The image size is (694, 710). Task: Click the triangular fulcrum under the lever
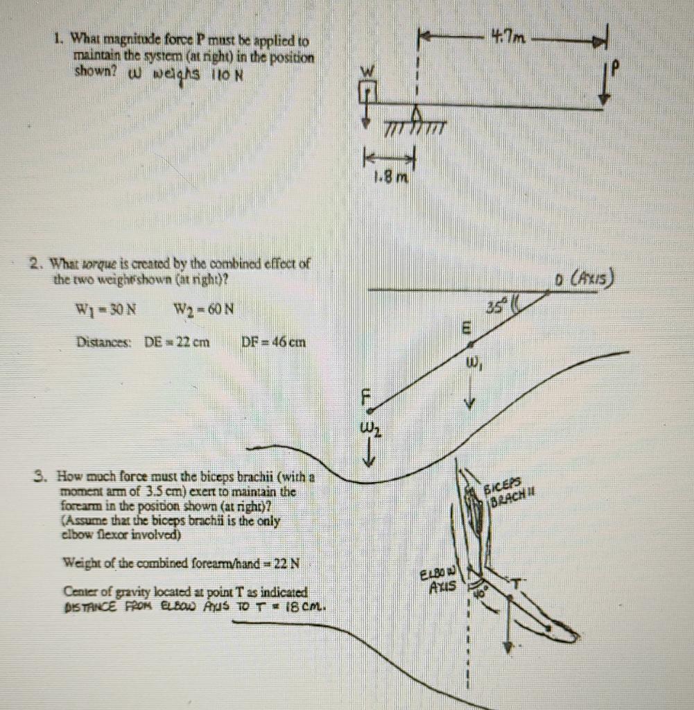(x=418, y=114)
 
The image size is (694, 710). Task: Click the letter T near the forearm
(x=517, y=582)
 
